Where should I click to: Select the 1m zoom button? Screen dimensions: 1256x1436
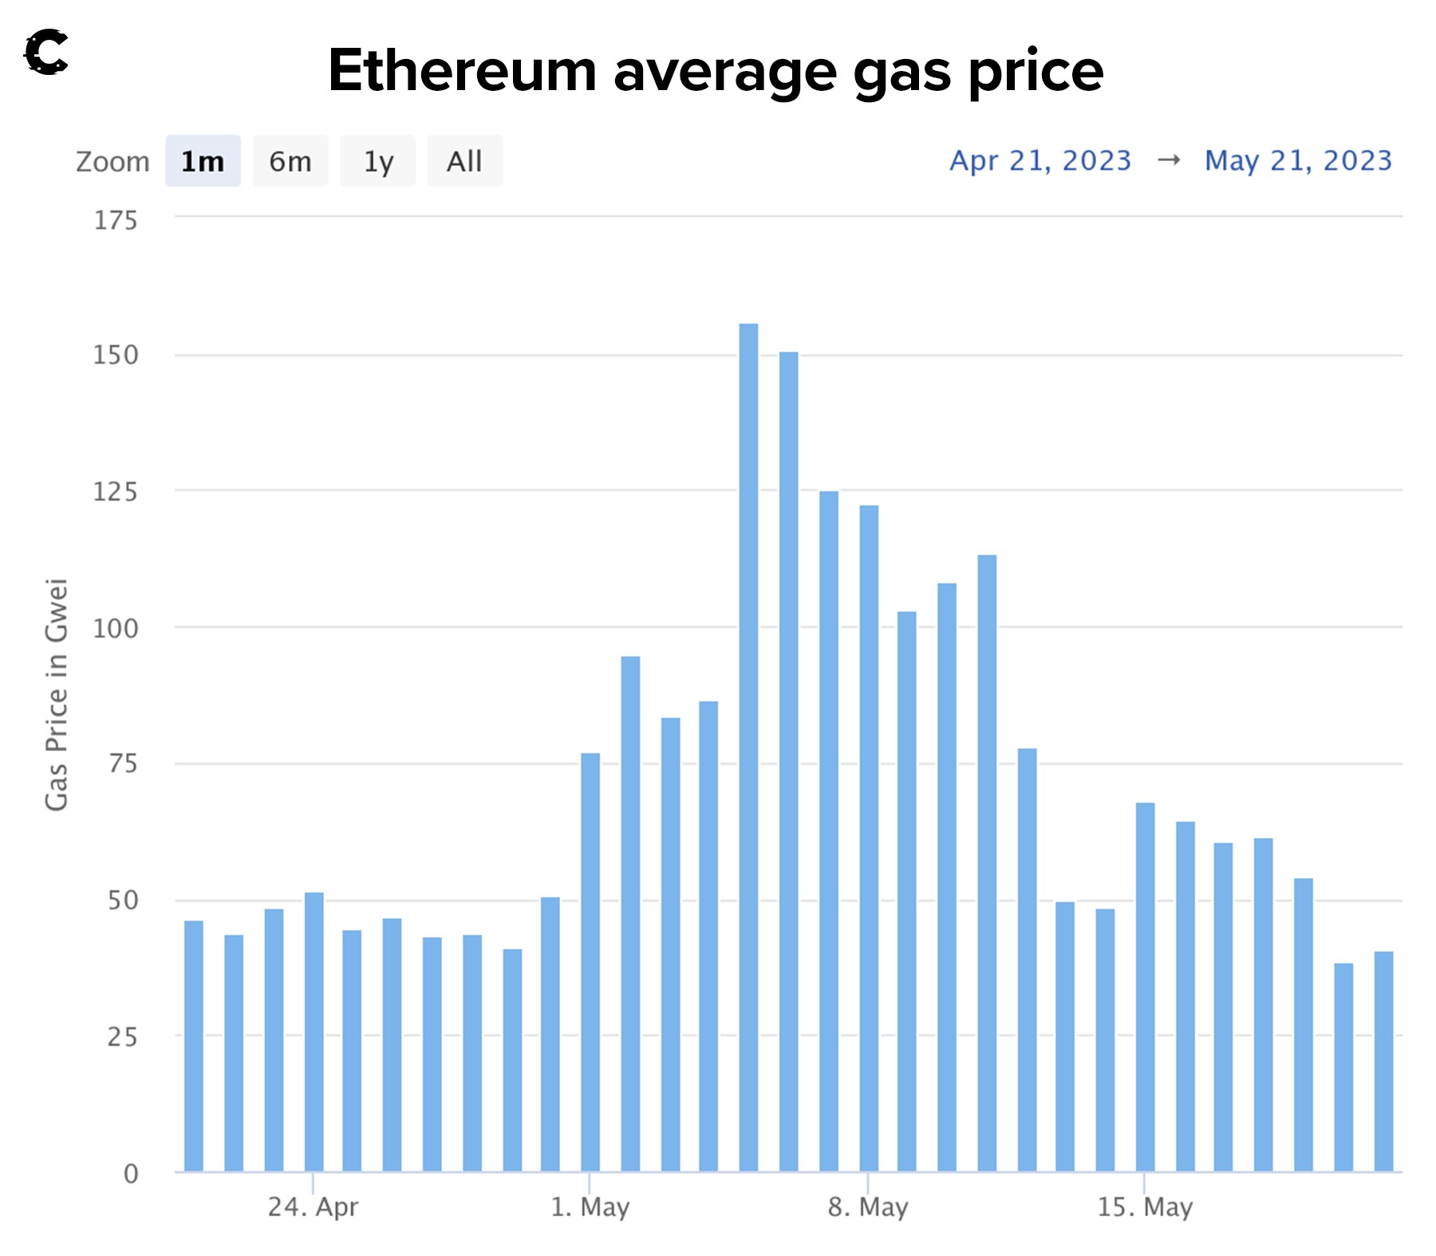pyautogui.click(x=203, y=161)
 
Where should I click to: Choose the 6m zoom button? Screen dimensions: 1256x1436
pyautogui.click(x=290, y=161)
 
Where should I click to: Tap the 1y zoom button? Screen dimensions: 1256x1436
pyautogui.click(x=378, y=161)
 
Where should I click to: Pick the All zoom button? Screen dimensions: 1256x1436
pyautogui.click(x=464, y=161)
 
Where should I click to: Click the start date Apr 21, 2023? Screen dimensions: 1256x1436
pyautogui.click(x=1040, y=161)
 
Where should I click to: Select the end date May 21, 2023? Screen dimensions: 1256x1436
pyautogui.click(x=1298, y=161)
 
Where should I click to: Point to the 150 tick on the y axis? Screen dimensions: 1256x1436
pyautogui.click(x=116, y=355)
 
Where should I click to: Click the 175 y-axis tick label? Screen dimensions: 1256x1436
pyautogui.click(x=116, y=220)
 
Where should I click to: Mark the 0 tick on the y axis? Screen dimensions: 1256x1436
pyautogui.click(x=131, y=1173)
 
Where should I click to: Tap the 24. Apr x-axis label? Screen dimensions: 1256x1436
pyautogui.click(x=313, y=1207)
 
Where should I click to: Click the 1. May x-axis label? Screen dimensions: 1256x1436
pyautogui.click(x=590, y=1207)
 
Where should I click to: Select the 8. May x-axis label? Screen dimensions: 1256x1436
pyautogui.click(x=868, y=1207)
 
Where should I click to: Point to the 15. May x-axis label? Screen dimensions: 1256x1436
pyautogui.click(x=1145, y=1207)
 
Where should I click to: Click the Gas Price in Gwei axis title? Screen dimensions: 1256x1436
pyautogui.click(x=57, y=694)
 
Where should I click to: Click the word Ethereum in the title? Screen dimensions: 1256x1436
pyautogui.click(x=463, y=70)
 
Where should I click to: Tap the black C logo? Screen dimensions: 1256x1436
pyautogui.click(x=45, y=53)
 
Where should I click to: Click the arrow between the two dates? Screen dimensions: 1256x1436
pyautogui.click(x=1169, y=160)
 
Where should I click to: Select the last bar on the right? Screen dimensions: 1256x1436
pyautogui.click(x=1383, y=1061)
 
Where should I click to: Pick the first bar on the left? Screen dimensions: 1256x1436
pyautogui.click(x=194, y=1045)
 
